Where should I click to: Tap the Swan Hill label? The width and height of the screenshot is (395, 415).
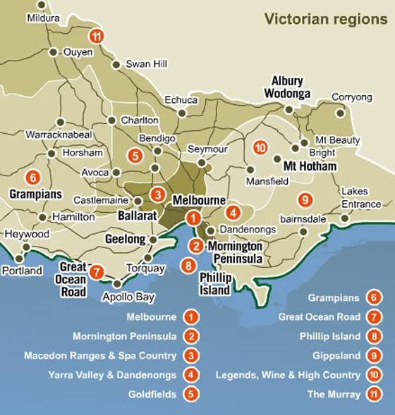pos(146,64)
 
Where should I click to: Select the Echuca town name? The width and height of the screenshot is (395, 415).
pos(180,99)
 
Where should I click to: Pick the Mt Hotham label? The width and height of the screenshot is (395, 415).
pos(310,166)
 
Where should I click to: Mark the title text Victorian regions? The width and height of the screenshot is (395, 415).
pos(326,18)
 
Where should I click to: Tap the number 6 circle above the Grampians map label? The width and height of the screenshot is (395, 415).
pos(32,177)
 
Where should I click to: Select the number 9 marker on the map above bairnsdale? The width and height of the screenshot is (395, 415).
pos(305,199)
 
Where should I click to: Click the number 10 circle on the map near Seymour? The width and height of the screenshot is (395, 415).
pos(260,147)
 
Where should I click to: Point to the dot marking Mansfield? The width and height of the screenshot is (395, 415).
pos(250,169)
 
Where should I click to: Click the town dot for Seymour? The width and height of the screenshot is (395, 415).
pos(202,163)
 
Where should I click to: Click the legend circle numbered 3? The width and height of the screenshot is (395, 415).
pos(190,355)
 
